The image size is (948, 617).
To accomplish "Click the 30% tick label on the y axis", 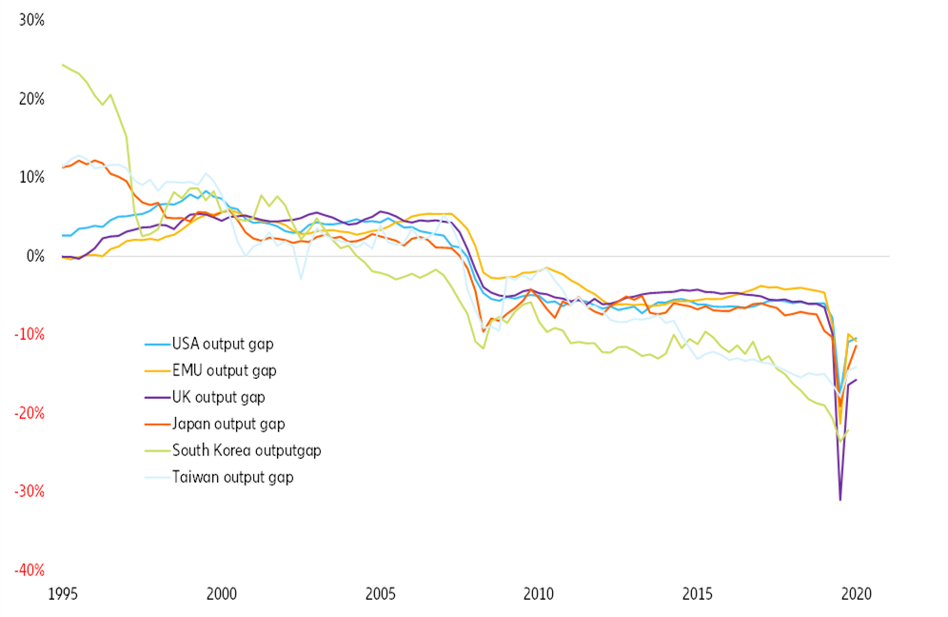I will (x=31, y=20).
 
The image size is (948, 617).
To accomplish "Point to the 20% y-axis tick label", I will (x=31, y=99).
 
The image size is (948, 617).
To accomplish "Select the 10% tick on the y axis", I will (x=31, y=177).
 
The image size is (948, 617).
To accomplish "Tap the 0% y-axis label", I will (x=35, y=256).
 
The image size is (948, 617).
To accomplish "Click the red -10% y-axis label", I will (x=29, y=334).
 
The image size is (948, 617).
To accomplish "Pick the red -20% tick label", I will (x=29, y=413).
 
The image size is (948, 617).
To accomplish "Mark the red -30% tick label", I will (x=29, y=491).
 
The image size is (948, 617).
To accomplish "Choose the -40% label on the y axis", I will (x=29, y=570).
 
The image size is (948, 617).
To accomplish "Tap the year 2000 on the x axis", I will (x=222, y=595).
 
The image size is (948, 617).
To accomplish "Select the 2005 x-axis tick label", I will (x=381, y=595).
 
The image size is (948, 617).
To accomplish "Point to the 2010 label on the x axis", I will (x=539, y=595).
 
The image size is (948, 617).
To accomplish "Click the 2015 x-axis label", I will (x=698, y=595).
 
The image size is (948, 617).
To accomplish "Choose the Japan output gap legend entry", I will (x=228, y=424).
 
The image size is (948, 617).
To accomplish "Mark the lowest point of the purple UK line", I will (x=839, y=499).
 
